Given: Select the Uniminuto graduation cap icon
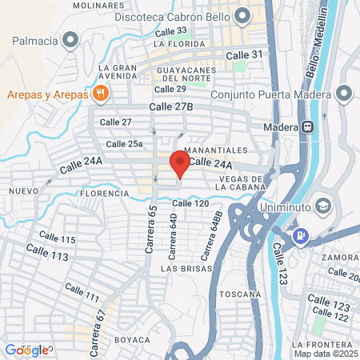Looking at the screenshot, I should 323,206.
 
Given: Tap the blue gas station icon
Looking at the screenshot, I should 300,236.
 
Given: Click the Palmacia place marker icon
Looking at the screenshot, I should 70,38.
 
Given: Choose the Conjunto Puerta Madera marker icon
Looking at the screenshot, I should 345,94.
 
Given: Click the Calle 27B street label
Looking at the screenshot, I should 172,106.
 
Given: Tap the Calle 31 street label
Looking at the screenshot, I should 245,54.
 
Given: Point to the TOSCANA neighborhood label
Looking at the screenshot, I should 243,294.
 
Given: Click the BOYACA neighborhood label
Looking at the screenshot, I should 131,339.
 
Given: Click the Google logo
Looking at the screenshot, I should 27,350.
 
